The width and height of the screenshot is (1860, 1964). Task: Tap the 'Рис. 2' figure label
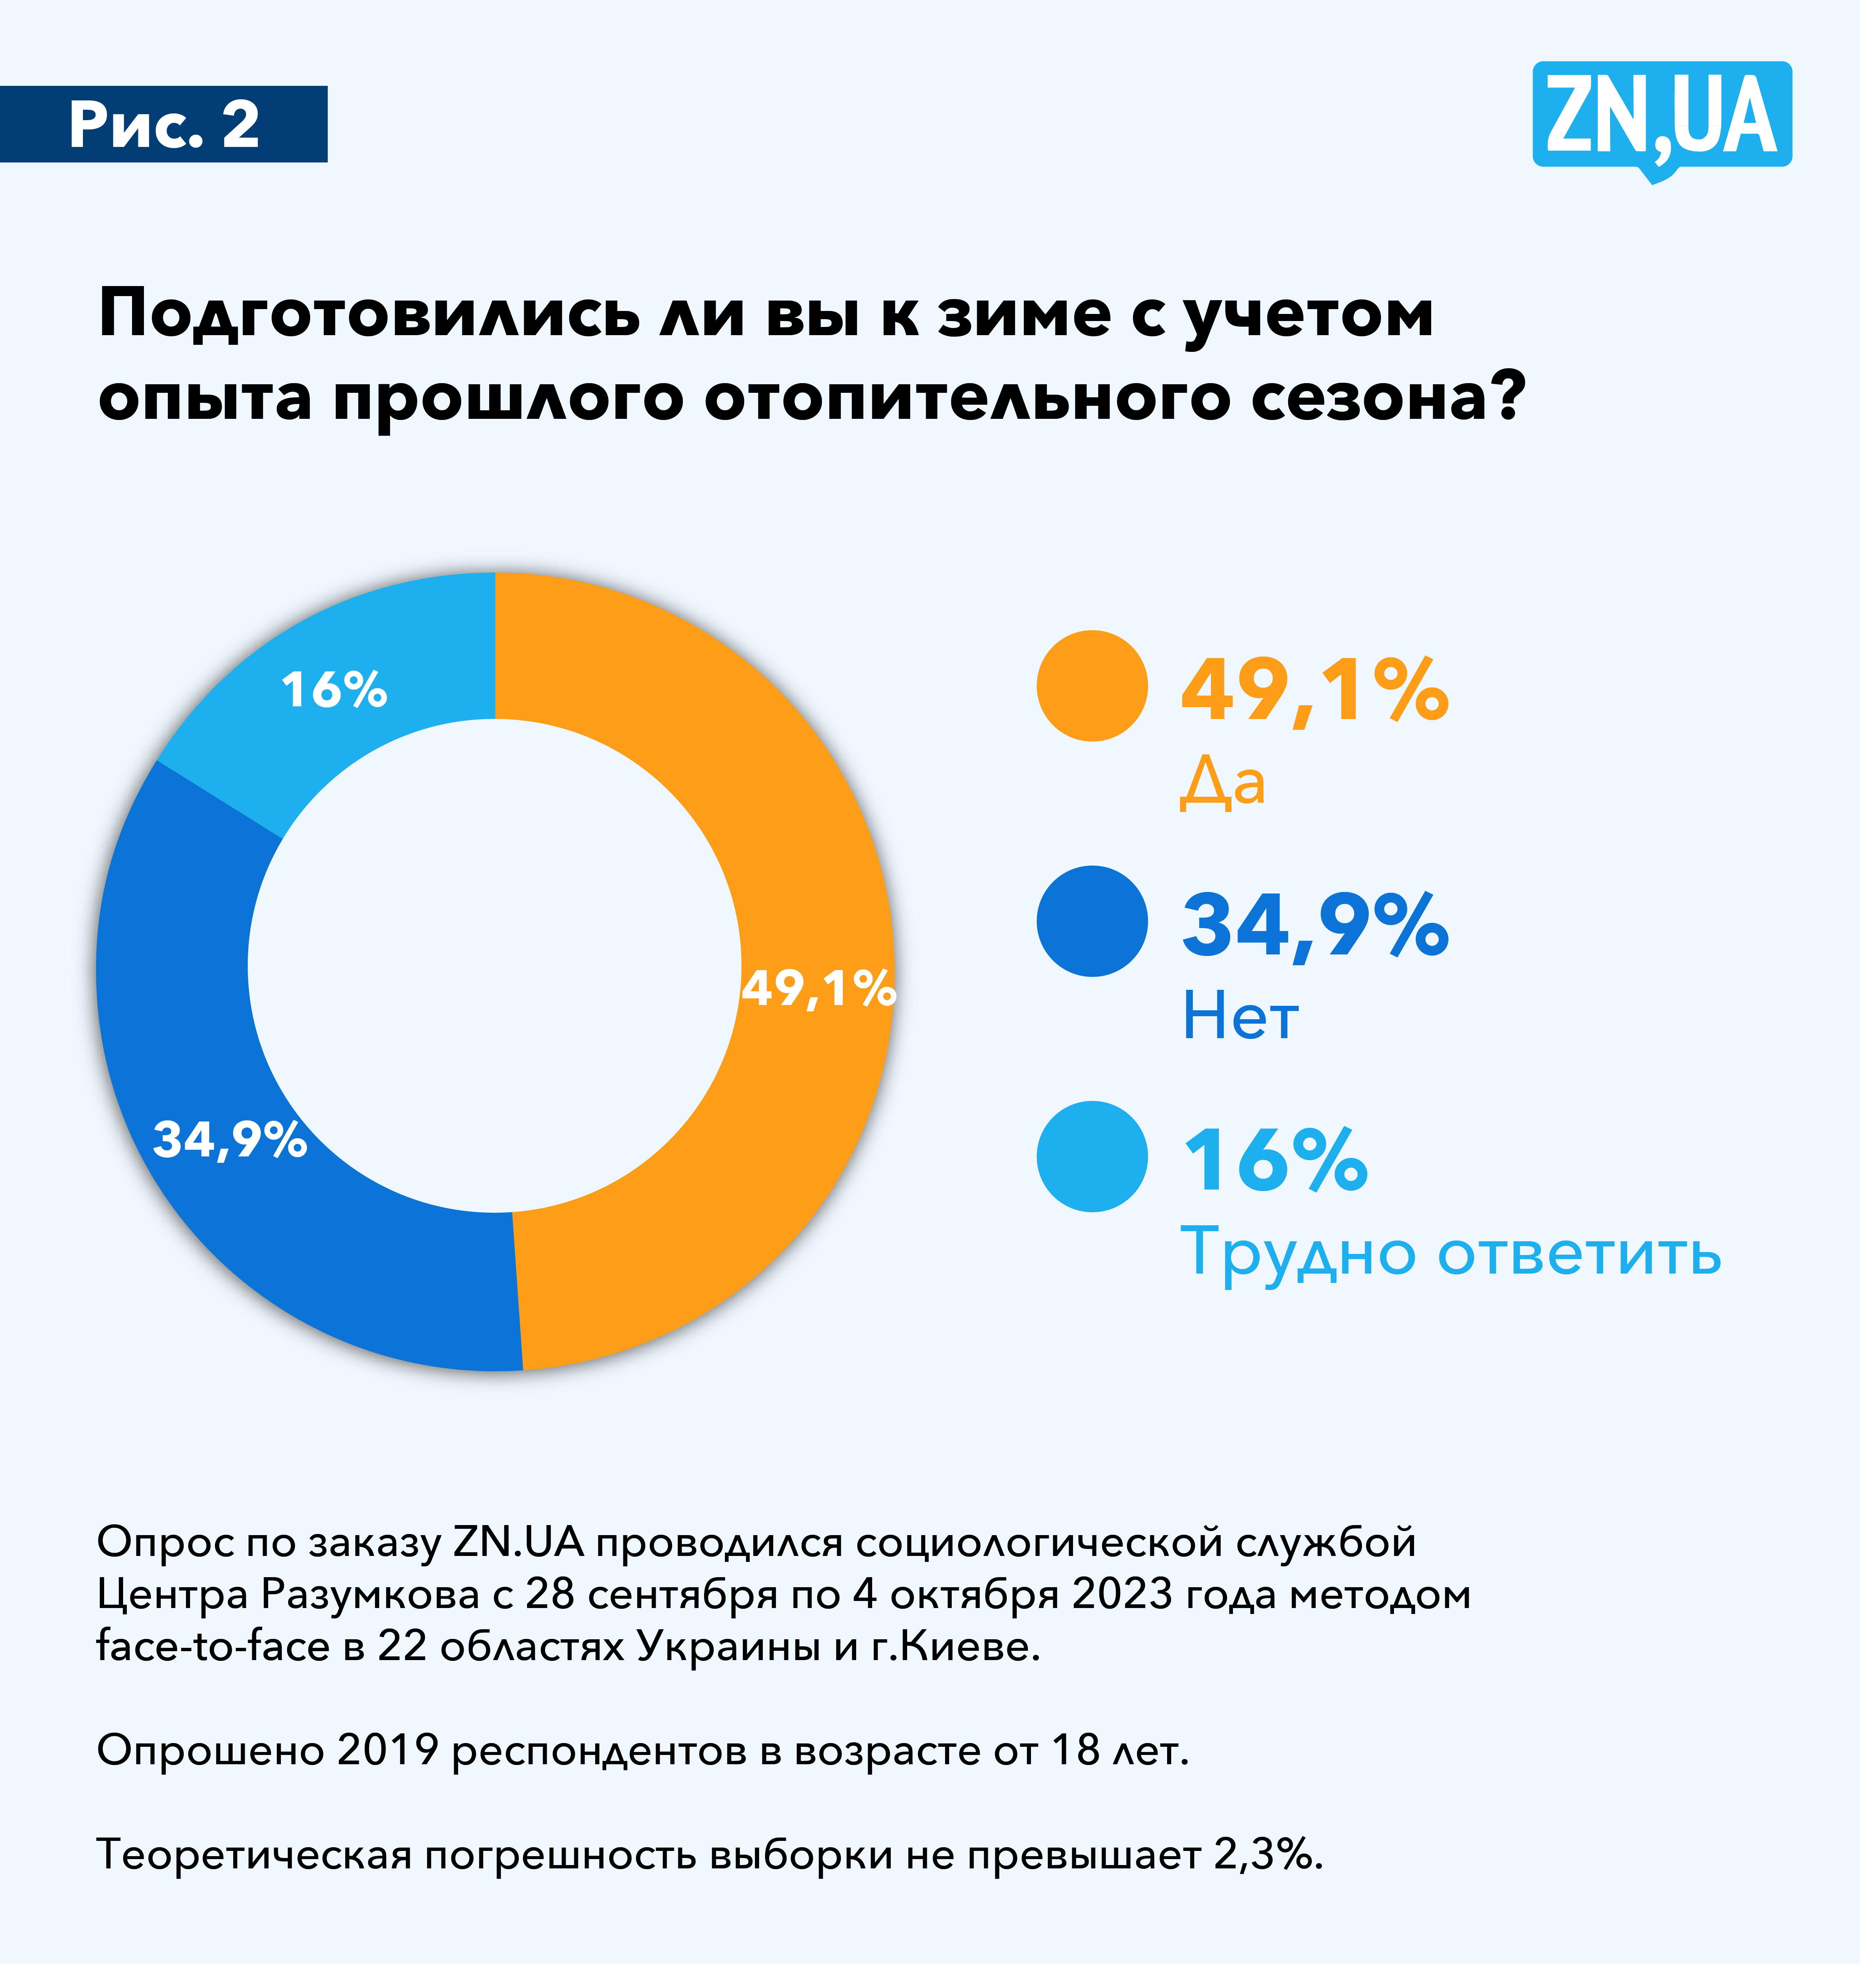tap(164, 125)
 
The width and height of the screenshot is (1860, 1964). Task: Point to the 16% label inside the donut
tap(334, 689)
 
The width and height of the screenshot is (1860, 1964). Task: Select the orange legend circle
tap(1092, 686)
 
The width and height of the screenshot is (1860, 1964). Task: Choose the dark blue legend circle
tap(1092, 921)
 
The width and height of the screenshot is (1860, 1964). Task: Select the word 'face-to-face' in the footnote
tap(213, 1647)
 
